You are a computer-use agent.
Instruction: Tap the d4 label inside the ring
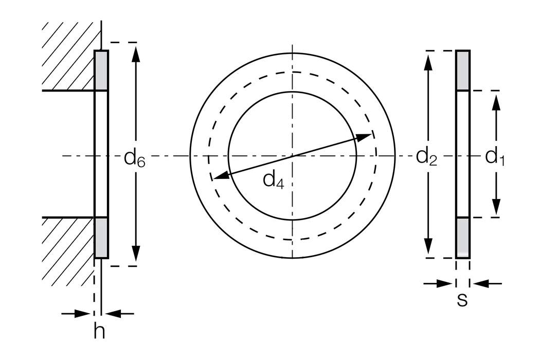click(273, 179)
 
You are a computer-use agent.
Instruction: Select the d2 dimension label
click(426, 156)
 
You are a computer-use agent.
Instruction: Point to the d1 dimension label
click(495, 156)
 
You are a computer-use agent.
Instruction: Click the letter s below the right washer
click(462, 300)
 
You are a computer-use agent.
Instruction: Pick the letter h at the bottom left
click(99, 332)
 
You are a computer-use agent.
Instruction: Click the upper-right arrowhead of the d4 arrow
click(365, 137)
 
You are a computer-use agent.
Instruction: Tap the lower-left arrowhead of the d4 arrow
click(220, 176)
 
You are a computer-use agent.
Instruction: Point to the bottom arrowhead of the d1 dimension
click(496, 208)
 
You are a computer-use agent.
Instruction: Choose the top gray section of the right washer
click(463, 70)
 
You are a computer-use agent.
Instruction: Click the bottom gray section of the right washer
click(463, 238)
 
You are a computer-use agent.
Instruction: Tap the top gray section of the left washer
click(101, 70)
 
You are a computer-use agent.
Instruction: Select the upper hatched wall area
click(69, 57)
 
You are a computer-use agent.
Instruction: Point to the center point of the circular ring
click(293, 155)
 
